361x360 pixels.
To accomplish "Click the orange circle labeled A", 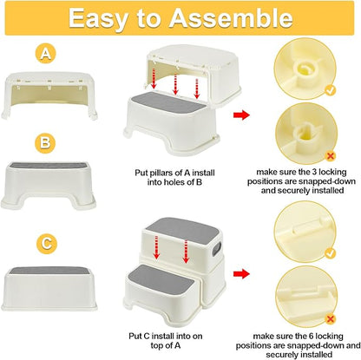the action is pos(45,54).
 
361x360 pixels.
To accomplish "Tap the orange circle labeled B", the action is pos(45,143).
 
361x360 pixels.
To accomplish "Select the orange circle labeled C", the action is pos(47,244).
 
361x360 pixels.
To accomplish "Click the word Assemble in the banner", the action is pos(231,18).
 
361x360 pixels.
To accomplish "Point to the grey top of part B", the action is pos(49,166).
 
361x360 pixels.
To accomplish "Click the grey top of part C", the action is pos(49,271).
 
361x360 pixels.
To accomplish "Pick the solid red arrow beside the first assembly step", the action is pos(241,115).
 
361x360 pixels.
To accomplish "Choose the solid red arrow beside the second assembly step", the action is pos(241,274).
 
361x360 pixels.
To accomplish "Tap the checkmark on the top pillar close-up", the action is pos(330,90).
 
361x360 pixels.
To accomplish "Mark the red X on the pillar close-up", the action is pos(331,156).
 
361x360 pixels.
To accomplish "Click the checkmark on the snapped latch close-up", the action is pos(330,253).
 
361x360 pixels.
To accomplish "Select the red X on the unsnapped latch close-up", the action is pos(331,319).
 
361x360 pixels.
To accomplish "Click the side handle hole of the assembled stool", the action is pos(217,249).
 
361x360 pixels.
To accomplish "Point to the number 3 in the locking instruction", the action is pos(314,172).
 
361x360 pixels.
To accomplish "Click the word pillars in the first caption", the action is pos(162,173).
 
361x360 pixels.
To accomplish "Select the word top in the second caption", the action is pos(157,345).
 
